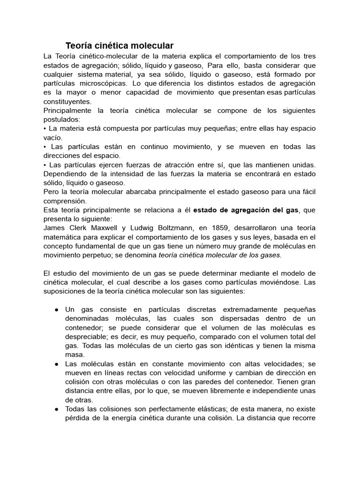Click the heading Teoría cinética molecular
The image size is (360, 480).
(x=119, y=45)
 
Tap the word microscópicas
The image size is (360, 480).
(x=104, y=83)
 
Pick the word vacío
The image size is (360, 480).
(x=52, y=137)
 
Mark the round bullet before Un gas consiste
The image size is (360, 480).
(x=56, y=310)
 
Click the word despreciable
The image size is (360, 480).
(x=89, y=337)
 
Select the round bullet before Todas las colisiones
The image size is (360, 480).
(x=56, y=409)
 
